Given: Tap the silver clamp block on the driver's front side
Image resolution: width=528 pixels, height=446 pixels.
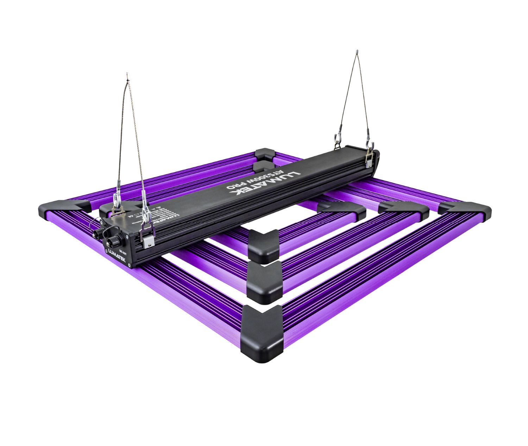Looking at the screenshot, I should click(x=148, y=240).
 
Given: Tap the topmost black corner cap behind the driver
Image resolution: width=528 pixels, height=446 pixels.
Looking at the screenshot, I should click(x=265, y=154).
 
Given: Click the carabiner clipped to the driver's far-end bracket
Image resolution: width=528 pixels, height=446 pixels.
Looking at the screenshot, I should click(x=371, y=144).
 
